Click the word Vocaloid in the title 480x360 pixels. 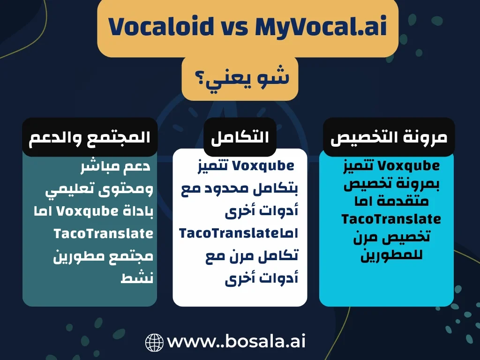coord(155,27)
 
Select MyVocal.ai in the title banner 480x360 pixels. coord(321,27)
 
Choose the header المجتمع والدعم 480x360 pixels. coord(90,137)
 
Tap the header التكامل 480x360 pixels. coord(240,137)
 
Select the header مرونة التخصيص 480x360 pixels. coord(389,137)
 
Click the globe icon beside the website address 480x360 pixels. coord(154,342)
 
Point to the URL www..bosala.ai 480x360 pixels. coord(236,341)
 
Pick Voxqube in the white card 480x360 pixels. coord(262,166)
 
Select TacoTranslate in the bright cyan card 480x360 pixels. coord(391,219)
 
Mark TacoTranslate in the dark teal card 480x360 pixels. coord(103,233)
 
